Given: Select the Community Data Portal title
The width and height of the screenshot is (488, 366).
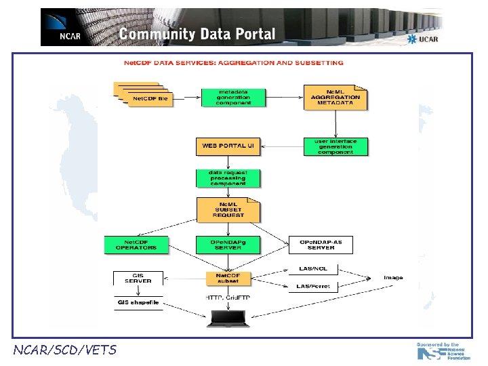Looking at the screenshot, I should (x=197, y=34).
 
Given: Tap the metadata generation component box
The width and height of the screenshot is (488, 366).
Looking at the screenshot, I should (x=233, y=98).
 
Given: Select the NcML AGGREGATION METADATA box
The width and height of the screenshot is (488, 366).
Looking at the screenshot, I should (x=335, y=98).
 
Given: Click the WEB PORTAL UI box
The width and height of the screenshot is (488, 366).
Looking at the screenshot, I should (x=228, y=146).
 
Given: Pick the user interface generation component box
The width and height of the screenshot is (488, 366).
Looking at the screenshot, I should (x=335, y=146).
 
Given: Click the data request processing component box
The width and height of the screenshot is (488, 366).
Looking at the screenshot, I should (x=228, y=178).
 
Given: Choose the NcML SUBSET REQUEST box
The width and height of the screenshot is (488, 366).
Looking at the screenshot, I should (x=228, y=210).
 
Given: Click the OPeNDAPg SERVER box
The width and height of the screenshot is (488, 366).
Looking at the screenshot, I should (x=228, y=244).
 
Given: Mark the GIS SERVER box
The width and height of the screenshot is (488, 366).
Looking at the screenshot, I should (x=138, y=278).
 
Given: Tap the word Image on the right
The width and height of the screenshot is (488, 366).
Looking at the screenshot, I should (x=393, y=278).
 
